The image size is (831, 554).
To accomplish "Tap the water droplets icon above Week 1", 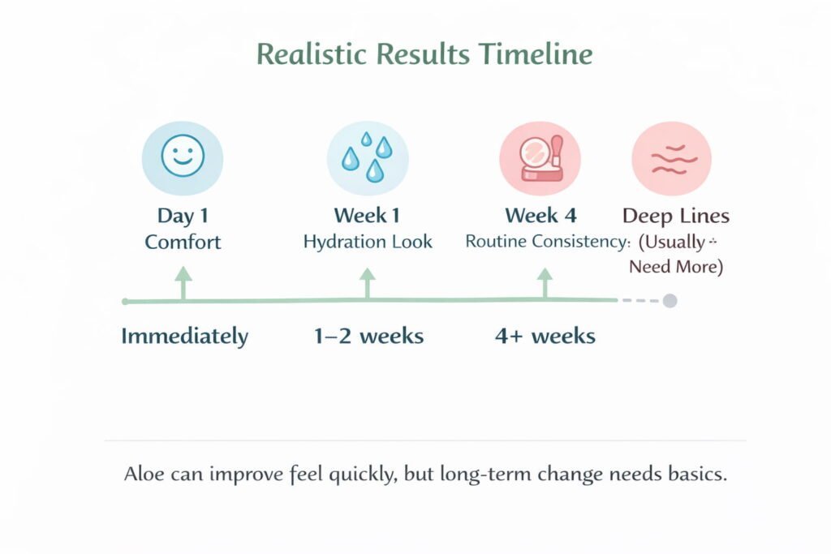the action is [x=368, y=158].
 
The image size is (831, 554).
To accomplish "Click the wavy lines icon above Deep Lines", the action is [x=672, y=158].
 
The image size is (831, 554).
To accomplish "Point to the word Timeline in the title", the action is [x=536, y=54].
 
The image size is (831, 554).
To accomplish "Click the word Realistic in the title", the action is [x=312, y=54].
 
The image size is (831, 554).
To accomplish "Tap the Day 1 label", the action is [x=183, y=216].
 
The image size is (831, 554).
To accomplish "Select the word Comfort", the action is [x=183, y=242].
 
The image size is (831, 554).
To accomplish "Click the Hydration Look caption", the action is [x=368, y=242].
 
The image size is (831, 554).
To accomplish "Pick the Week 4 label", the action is [x=540, y=216].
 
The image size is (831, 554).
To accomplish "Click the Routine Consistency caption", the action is [x=546, y=242].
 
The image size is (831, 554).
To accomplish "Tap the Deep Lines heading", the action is [x=676, y=216].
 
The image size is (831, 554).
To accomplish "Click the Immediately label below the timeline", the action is [x=184, y=337].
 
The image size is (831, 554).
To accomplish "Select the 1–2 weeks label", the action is [x=369, y=336].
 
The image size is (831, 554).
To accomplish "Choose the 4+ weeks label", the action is [x=545, y=336].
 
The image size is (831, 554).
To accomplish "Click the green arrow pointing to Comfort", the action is [x=183, y=283].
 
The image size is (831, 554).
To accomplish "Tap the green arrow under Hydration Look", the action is [x=368, y=283].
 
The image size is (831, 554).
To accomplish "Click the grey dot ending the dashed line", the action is [x=670, y=301].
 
